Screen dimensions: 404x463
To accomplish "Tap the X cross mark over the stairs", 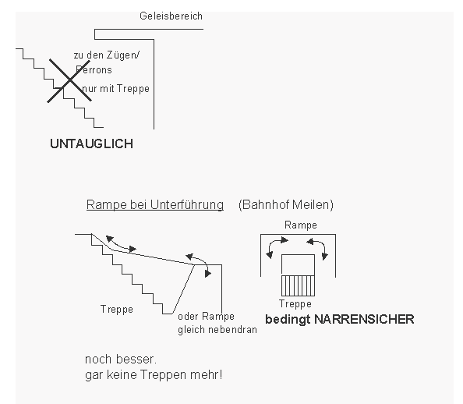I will [66, 80].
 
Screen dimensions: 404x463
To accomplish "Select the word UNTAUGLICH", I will [90, 144].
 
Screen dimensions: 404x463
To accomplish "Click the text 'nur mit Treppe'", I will [115, 89].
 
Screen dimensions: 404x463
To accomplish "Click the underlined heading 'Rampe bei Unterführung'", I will [154, 205].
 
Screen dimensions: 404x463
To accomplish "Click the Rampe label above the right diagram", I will [301, 225].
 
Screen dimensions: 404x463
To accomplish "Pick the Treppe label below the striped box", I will [295, 304].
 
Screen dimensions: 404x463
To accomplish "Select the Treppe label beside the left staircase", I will [117, 309].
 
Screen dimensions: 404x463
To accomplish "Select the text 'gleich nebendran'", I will [217, 329].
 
